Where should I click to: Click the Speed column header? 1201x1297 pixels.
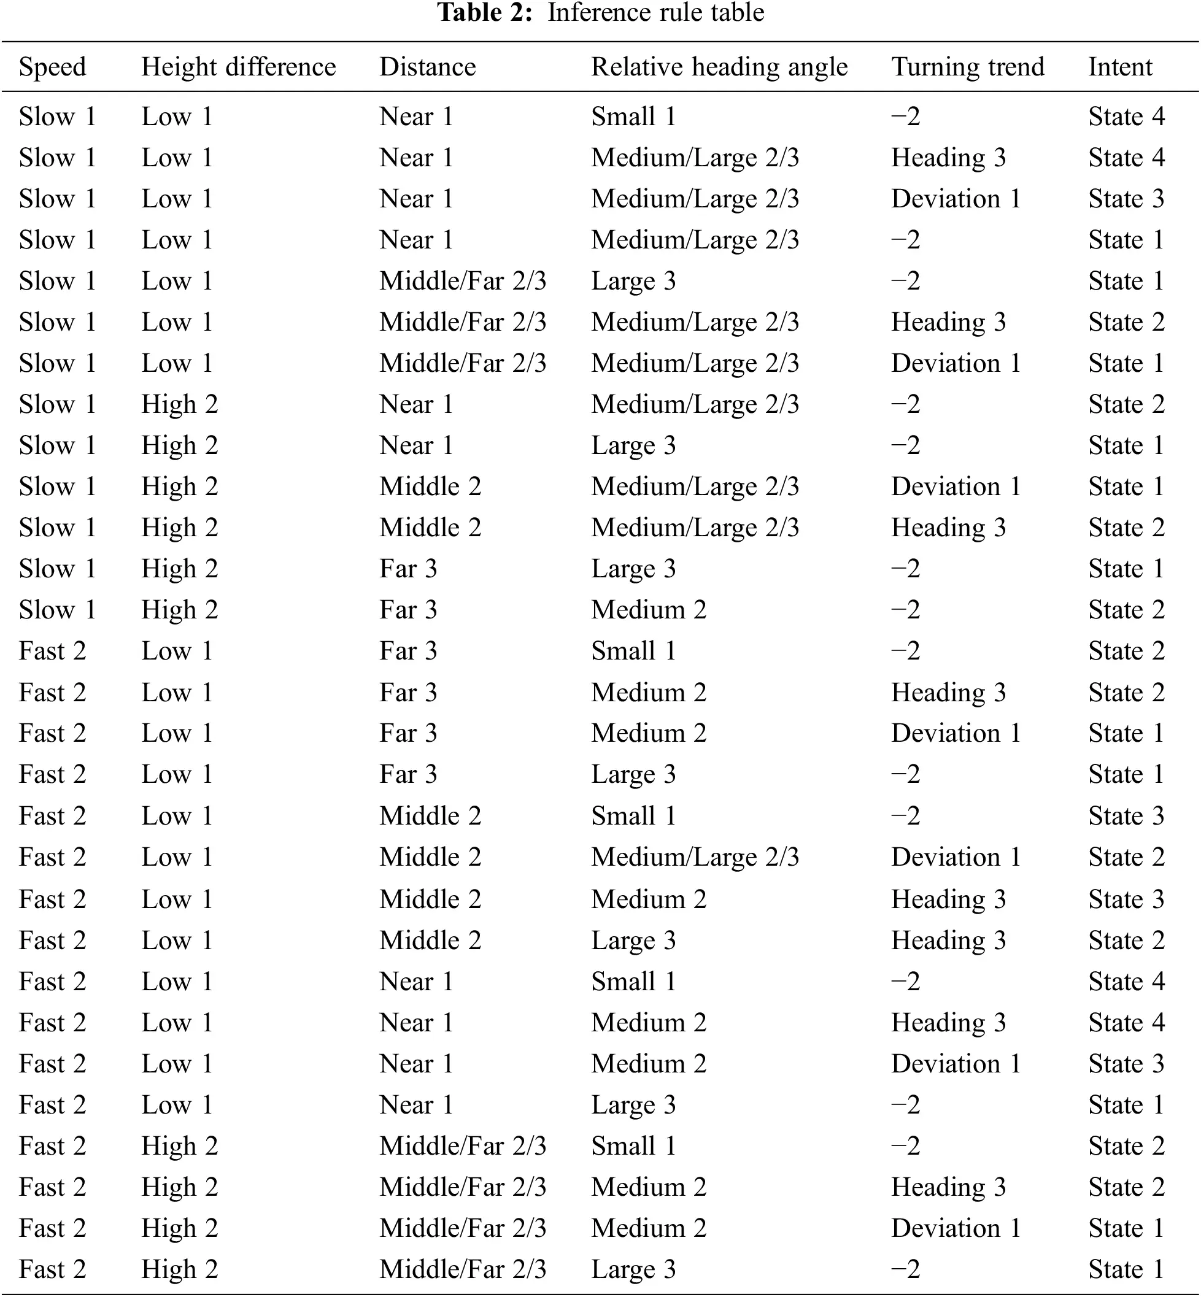pos(52,67)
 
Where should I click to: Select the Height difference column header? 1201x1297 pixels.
pos(239,67)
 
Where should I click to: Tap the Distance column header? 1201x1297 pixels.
pos(427,67)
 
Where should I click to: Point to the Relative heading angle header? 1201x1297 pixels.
pos(719,67)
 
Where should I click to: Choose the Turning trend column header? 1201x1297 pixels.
pos(967,67)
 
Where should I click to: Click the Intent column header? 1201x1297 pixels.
pos(1120,67)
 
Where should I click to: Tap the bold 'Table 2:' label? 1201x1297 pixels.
pos(485,12)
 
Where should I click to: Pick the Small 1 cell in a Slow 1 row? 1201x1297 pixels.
pos(633,117)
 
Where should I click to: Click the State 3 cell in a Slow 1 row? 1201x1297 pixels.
pos(1126,199)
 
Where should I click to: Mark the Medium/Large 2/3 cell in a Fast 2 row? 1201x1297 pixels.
pos(694,857)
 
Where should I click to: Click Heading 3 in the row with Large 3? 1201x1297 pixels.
pos(948,941)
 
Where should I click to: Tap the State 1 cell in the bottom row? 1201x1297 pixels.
pos(1126,1269)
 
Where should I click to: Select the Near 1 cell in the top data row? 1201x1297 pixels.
pos(416,117)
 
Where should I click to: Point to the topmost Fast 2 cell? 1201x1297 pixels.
pos(52,651)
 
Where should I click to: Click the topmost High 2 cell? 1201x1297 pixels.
pos(179,404)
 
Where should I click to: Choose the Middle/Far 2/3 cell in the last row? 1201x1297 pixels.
pos(462,1269)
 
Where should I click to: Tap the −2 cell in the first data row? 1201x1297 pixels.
pos(905,117)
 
